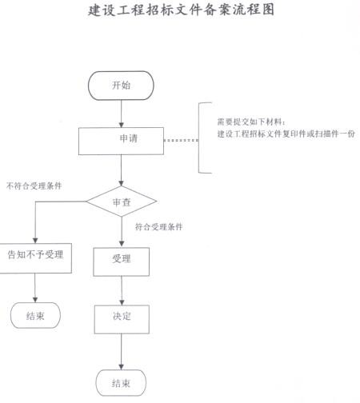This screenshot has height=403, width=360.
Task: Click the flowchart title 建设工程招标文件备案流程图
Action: click(x=181, y=10)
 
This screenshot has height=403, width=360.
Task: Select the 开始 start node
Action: click(x=121, y=86)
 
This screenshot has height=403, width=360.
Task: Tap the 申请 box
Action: click(x=121, y=141)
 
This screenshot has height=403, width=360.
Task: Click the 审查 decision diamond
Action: click(x=122, y=201)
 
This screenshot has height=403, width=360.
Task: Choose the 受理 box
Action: click(x=122, y=261)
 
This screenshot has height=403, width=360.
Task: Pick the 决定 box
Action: click(x=122, y=319)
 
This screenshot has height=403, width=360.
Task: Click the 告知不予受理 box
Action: click(x=35, y=258)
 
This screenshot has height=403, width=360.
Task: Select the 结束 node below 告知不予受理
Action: click(x=35, y=315)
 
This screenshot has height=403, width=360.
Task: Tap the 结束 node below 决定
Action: click(x=121, y=383)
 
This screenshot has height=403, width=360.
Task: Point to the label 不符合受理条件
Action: click(x=34, y=186)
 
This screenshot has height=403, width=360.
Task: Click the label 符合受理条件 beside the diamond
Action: click(x=159, y=227)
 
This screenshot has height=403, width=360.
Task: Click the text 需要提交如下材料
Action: click(x=251, y=122)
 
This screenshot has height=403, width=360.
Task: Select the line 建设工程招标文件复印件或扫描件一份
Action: click(x=286, y=134)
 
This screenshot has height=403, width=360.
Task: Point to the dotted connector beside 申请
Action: click(x=181, y=140)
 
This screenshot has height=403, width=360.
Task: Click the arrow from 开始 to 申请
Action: click(x=122, y=114)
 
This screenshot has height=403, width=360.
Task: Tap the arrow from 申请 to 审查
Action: click(x=122, y=170)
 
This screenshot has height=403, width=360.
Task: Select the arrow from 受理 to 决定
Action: click(x=122, y=291)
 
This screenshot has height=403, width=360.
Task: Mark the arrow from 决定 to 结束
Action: click(x=122, y=352)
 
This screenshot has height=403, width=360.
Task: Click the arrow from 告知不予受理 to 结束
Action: click(x=35, y=288)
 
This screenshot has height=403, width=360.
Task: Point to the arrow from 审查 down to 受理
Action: click(x=122, y=232)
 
